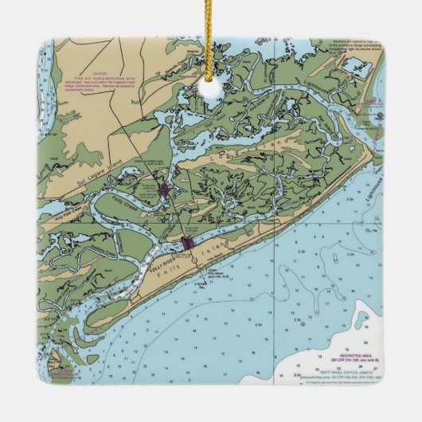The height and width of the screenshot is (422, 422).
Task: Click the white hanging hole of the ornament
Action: [x=211, y=82]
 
